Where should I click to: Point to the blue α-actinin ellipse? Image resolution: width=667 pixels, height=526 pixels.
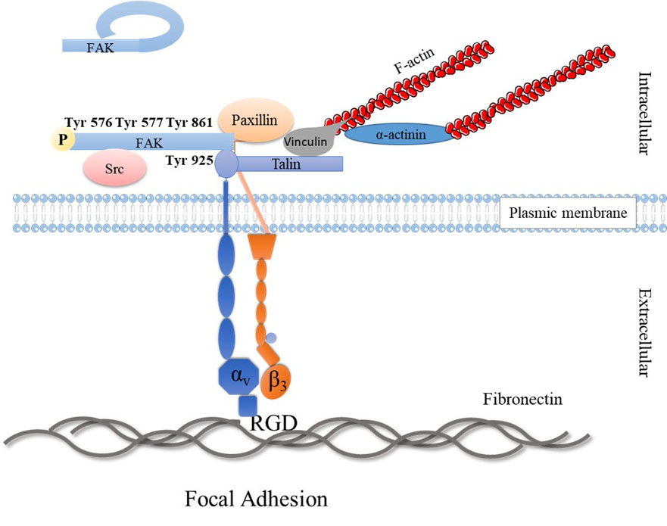(x=395, y=135)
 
